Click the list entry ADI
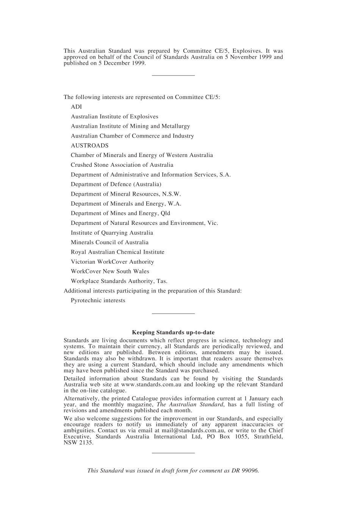pyautogui.click(x=76, y=107)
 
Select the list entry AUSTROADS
pyautogui.click(x=89, y=146)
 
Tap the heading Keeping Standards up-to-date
pyautogui.click(x=173, y=333)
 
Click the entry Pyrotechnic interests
pyautogui.click(x=98, y=300)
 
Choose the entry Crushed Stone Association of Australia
pyautogui.click(x=122, y=165)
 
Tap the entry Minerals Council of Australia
pyautogui.click(x=110, y=242)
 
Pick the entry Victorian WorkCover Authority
pyautogui.click(x=112, y=262)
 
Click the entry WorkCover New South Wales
pyautogui.click(x=110, y=271)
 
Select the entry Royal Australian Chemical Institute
pyautogui.click(x=117, y=252)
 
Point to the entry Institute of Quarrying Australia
pyautogui.click(x=112, y=233)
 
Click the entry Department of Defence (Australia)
pyautogui.click(x=116, y=184)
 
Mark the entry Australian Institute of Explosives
pyautogui.click(x=114, y=117)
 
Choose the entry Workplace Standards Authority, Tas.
pyautogui.click(x=119, y=281)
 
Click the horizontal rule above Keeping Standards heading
pyautogui.click(x=173, y=314)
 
